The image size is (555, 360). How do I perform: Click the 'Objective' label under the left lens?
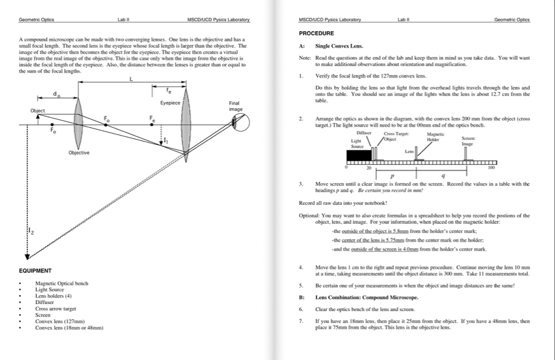79,153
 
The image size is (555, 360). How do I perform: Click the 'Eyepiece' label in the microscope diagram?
171,102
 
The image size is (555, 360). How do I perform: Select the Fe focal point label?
151,118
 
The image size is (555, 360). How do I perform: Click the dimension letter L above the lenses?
131,79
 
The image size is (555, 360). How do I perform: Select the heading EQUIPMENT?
36,271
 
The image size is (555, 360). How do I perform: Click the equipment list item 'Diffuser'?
45,303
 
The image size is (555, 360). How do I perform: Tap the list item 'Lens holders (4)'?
53,296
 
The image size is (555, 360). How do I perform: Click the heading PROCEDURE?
316,33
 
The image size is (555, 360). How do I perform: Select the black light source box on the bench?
358,155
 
